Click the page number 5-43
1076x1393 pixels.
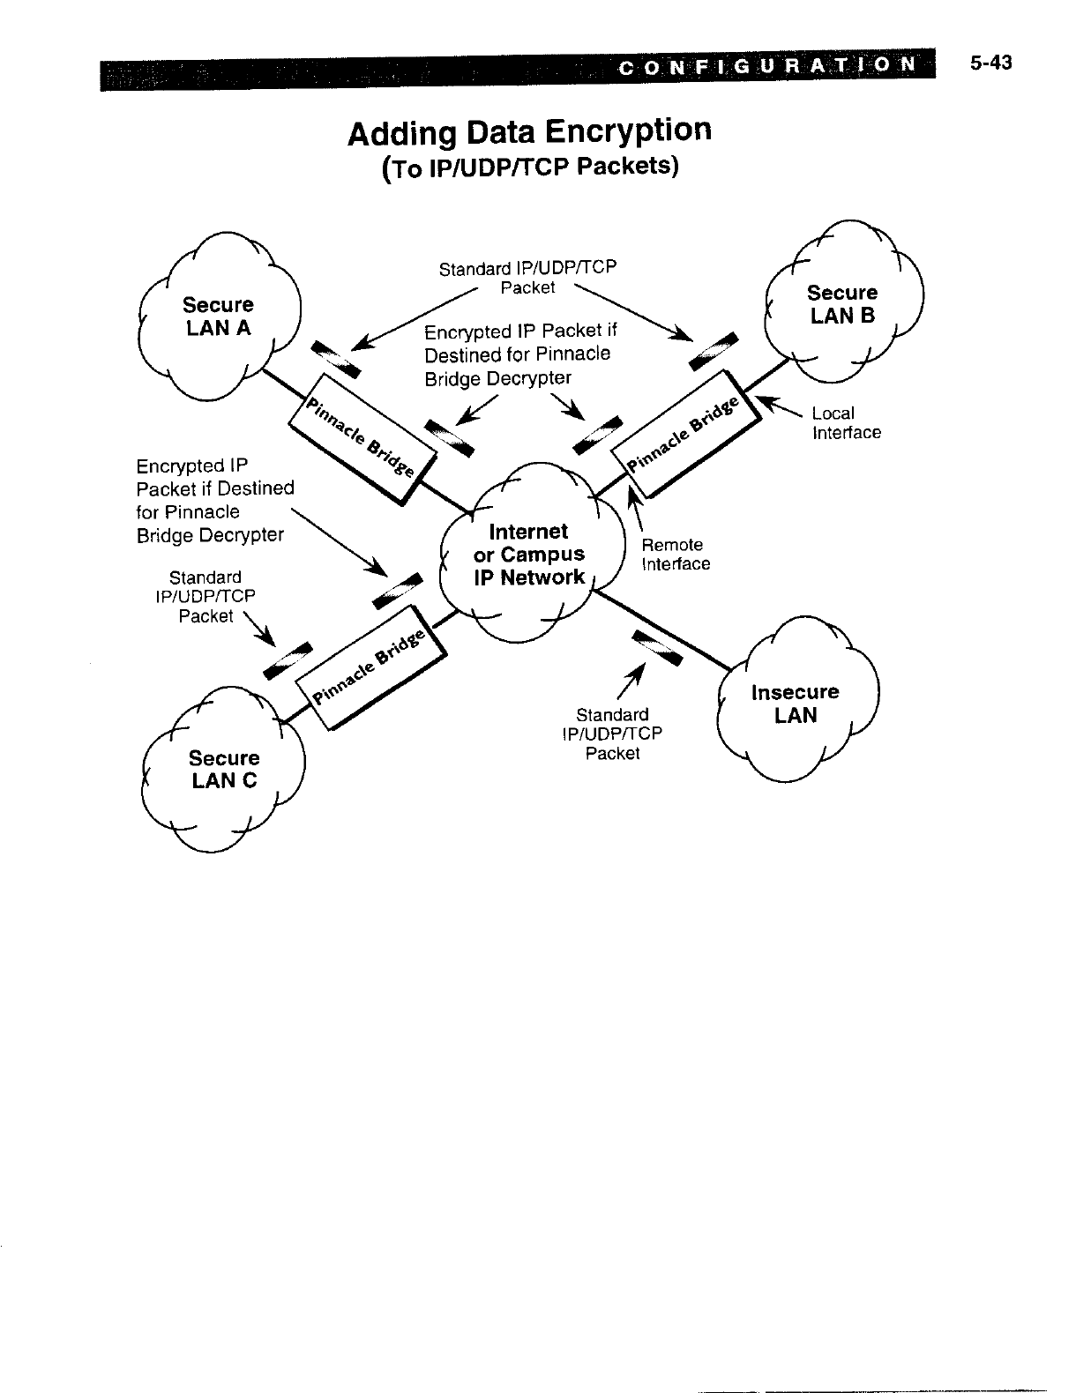tap(990, 63)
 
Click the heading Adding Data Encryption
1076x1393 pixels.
tap(529, 132)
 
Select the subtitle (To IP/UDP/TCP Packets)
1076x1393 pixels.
tap(530, 167)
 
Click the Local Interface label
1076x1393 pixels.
tap(846, 423)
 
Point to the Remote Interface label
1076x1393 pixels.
tap(675, 555)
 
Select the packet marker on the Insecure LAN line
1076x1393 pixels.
tap(658, 648)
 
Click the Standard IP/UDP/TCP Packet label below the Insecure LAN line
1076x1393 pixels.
tap(612, 734)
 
